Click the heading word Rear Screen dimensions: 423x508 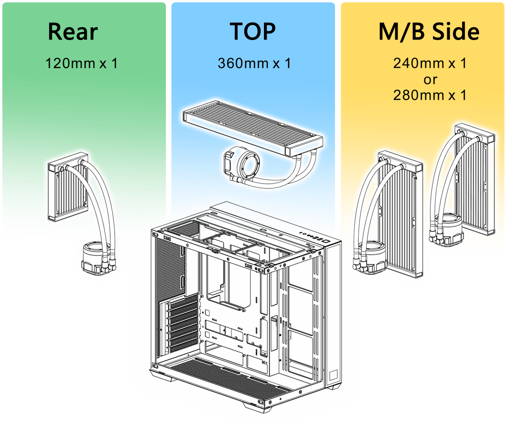[x=73, y=32]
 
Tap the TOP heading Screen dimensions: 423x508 [x=252, y=32]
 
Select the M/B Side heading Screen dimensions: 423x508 [x=429, y=32]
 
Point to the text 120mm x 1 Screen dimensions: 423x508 [x=81, y=63]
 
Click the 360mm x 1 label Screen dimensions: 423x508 [x=254, y=63]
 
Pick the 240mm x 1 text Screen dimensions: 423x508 [x=430, y=63]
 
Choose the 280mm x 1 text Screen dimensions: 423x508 [x=430, y=96]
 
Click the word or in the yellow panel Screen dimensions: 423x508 [x=430, y=80]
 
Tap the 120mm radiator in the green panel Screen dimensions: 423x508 [x=65, y=190]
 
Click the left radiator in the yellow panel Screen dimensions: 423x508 [x=401, y=214]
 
